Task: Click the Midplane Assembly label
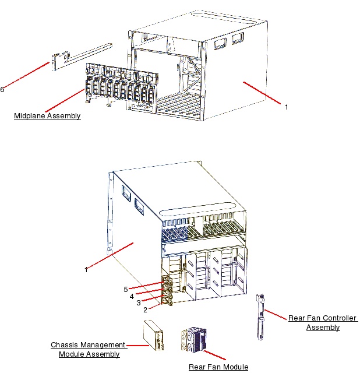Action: (x=47, y=116)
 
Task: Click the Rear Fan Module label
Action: (x=218, y=367)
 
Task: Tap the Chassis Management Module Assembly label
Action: (x=89, y=349)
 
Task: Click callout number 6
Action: (x=2, y=89)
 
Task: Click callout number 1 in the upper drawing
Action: (x=286, y=107)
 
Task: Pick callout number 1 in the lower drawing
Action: (x=86, y=269)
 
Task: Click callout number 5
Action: (x=125, y=289)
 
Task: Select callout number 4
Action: (x=132, y=296)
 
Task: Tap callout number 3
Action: (x=138, y=302)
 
